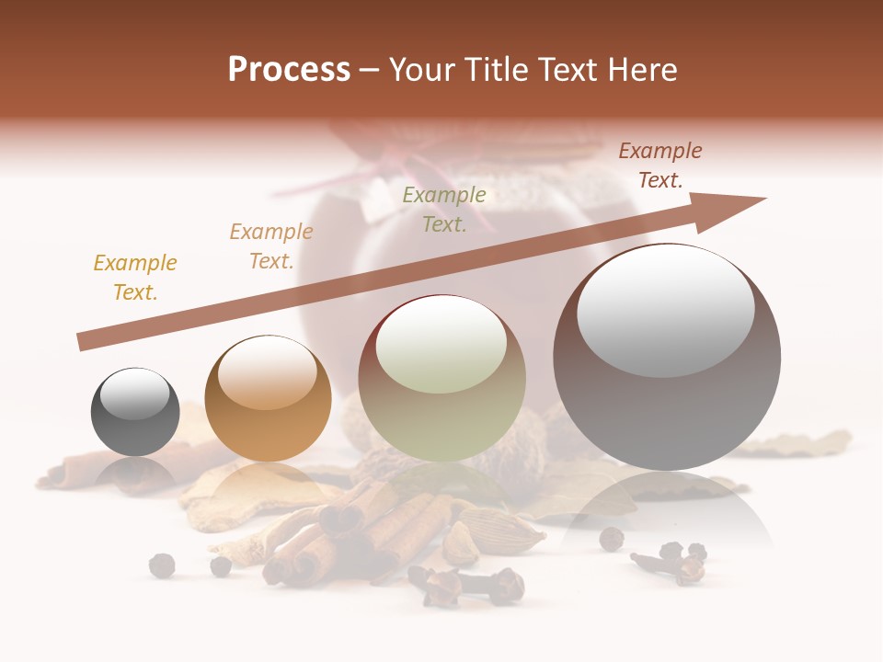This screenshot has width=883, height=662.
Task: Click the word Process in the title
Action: click(x=289, y=70)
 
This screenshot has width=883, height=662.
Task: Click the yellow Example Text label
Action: click(x=135, y=278)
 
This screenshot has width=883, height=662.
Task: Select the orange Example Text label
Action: click(x=271, y=246)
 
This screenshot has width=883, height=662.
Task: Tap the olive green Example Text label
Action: click(x=444, y=210)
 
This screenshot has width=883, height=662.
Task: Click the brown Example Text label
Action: click(x=659, y=165)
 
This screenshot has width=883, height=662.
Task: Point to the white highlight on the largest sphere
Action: click(x=666, y=311)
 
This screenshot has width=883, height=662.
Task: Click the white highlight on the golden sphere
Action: click(x=268, y=372)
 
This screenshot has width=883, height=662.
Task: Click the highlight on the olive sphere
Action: click(x=441, y=345)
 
